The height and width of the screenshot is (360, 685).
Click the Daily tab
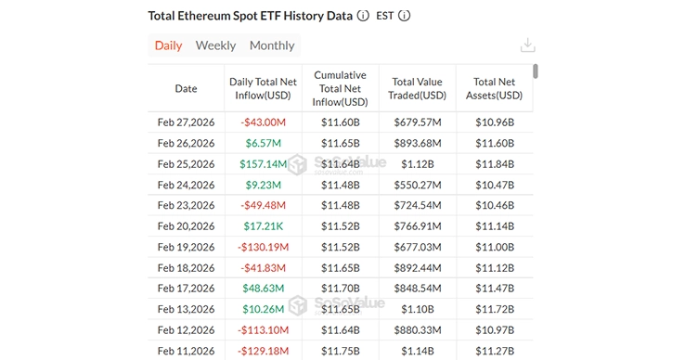(x=168, y=45)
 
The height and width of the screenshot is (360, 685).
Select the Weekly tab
(x=215, y=45)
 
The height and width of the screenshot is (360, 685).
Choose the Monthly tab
(x=272, y=45)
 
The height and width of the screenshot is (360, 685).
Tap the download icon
(x=528, y=45)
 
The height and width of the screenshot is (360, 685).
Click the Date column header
(x=186, y=89)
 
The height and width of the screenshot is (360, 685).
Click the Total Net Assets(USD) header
(x=496, y=89)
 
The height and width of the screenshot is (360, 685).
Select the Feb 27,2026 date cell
(x=186, y=122)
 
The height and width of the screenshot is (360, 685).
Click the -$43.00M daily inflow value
(x=263, y=122)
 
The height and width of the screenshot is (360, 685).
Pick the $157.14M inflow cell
(x=263, y=163)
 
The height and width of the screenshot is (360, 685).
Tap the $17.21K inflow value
(x=263, y=225)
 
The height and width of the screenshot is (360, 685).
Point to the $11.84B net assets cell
(x=496, y=163)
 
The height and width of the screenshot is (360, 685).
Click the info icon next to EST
(x=404, y=16)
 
